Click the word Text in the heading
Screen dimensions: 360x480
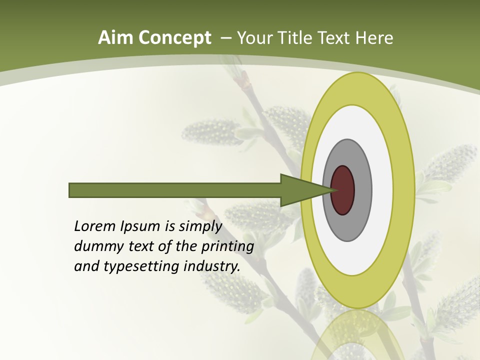coord(335,38)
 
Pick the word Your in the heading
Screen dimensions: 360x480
coord(254,38)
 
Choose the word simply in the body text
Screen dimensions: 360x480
coord(200,227)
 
